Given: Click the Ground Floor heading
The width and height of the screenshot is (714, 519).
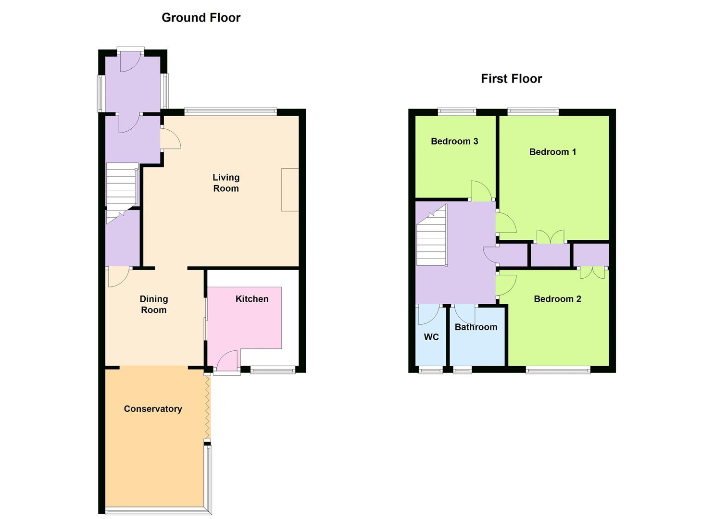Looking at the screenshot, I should (201, 18).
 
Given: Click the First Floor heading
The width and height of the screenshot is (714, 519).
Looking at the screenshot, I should (511, 79).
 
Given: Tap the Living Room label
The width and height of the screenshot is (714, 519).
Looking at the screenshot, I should (226, 183).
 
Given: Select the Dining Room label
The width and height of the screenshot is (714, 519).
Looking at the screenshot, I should (154, 305).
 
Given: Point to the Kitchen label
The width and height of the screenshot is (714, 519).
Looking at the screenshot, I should (252, 299).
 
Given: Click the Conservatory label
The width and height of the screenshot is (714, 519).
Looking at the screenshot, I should (153, 409).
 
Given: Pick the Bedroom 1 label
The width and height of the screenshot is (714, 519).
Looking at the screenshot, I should (552, 152).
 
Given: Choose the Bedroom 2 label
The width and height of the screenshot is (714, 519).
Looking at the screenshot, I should (557, 299).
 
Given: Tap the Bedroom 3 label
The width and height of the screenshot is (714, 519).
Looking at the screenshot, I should (454, 141).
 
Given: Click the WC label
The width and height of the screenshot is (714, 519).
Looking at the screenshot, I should (431, 337).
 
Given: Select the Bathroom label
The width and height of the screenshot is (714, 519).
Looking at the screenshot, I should (476, 327).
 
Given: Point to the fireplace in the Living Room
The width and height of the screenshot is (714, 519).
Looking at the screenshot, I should (290, 190).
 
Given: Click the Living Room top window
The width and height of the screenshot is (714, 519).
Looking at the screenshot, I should (230, 112).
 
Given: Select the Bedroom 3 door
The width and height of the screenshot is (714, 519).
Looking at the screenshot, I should (481, 191).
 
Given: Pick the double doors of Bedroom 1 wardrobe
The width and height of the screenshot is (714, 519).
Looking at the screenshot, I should (551, 236).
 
